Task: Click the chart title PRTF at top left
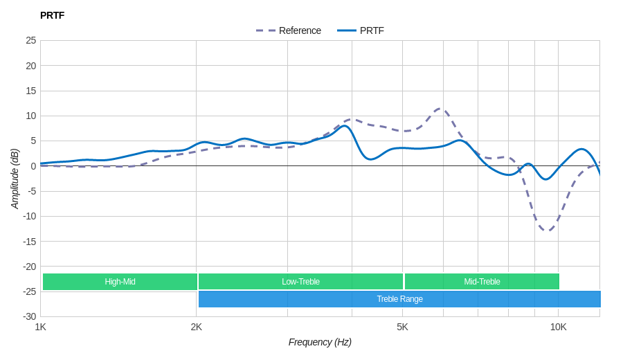(x=52, y=15)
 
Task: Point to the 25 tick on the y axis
(x=31, y=40)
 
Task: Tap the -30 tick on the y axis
(x=29, y=316)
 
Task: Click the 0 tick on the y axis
(x=33, y=166)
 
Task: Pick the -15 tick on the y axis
(x=29, y=241)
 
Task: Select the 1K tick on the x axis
(x=41, y=327)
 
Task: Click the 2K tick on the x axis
(x=197, y=327)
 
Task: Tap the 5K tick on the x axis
(x=402, y=327)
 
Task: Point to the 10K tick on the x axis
(x=558, y=327)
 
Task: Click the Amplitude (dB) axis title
(x=15, y=179)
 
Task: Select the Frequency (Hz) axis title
(x=320, y=342)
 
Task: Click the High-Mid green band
(x=120, y=282)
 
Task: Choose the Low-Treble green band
(x=300, y=282)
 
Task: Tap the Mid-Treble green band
(x=482, y=282)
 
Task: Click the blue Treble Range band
(x=399, y=299)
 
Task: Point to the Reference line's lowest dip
(x=547, y=231)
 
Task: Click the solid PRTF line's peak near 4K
(x=344, y=126)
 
